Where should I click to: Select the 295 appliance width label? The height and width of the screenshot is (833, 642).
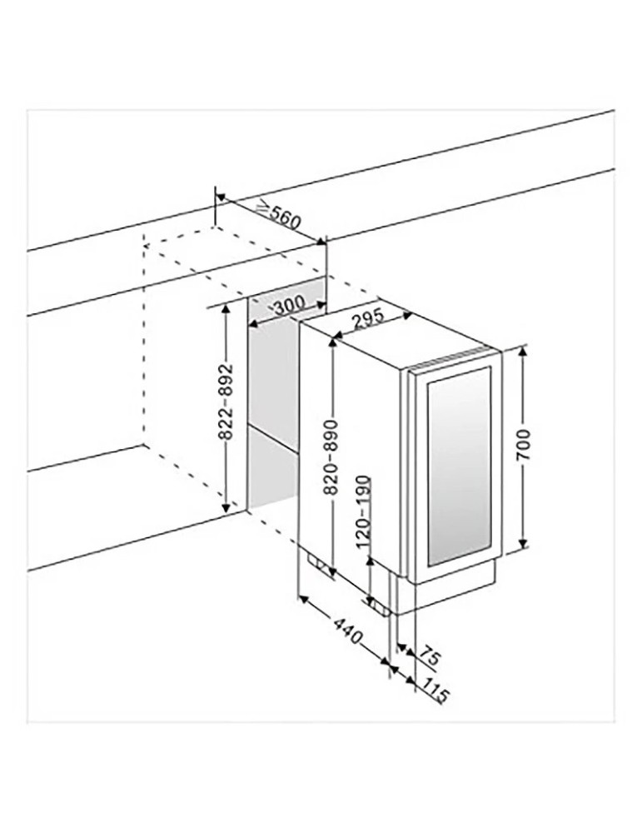[367, 318]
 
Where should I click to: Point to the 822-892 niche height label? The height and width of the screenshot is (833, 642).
[226, 402]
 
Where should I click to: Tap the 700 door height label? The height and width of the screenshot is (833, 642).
[523, 444]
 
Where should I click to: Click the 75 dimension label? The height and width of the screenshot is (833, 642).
[432, 656]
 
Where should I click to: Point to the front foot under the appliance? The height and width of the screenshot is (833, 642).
[381, 606]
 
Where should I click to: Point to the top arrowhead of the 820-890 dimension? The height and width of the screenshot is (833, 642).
[332, 343]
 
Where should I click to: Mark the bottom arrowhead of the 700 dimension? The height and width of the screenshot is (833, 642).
[523, 542]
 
